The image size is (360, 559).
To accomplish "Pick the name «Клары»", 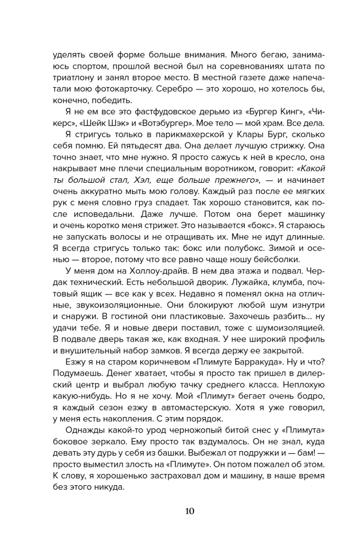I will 234,139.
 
